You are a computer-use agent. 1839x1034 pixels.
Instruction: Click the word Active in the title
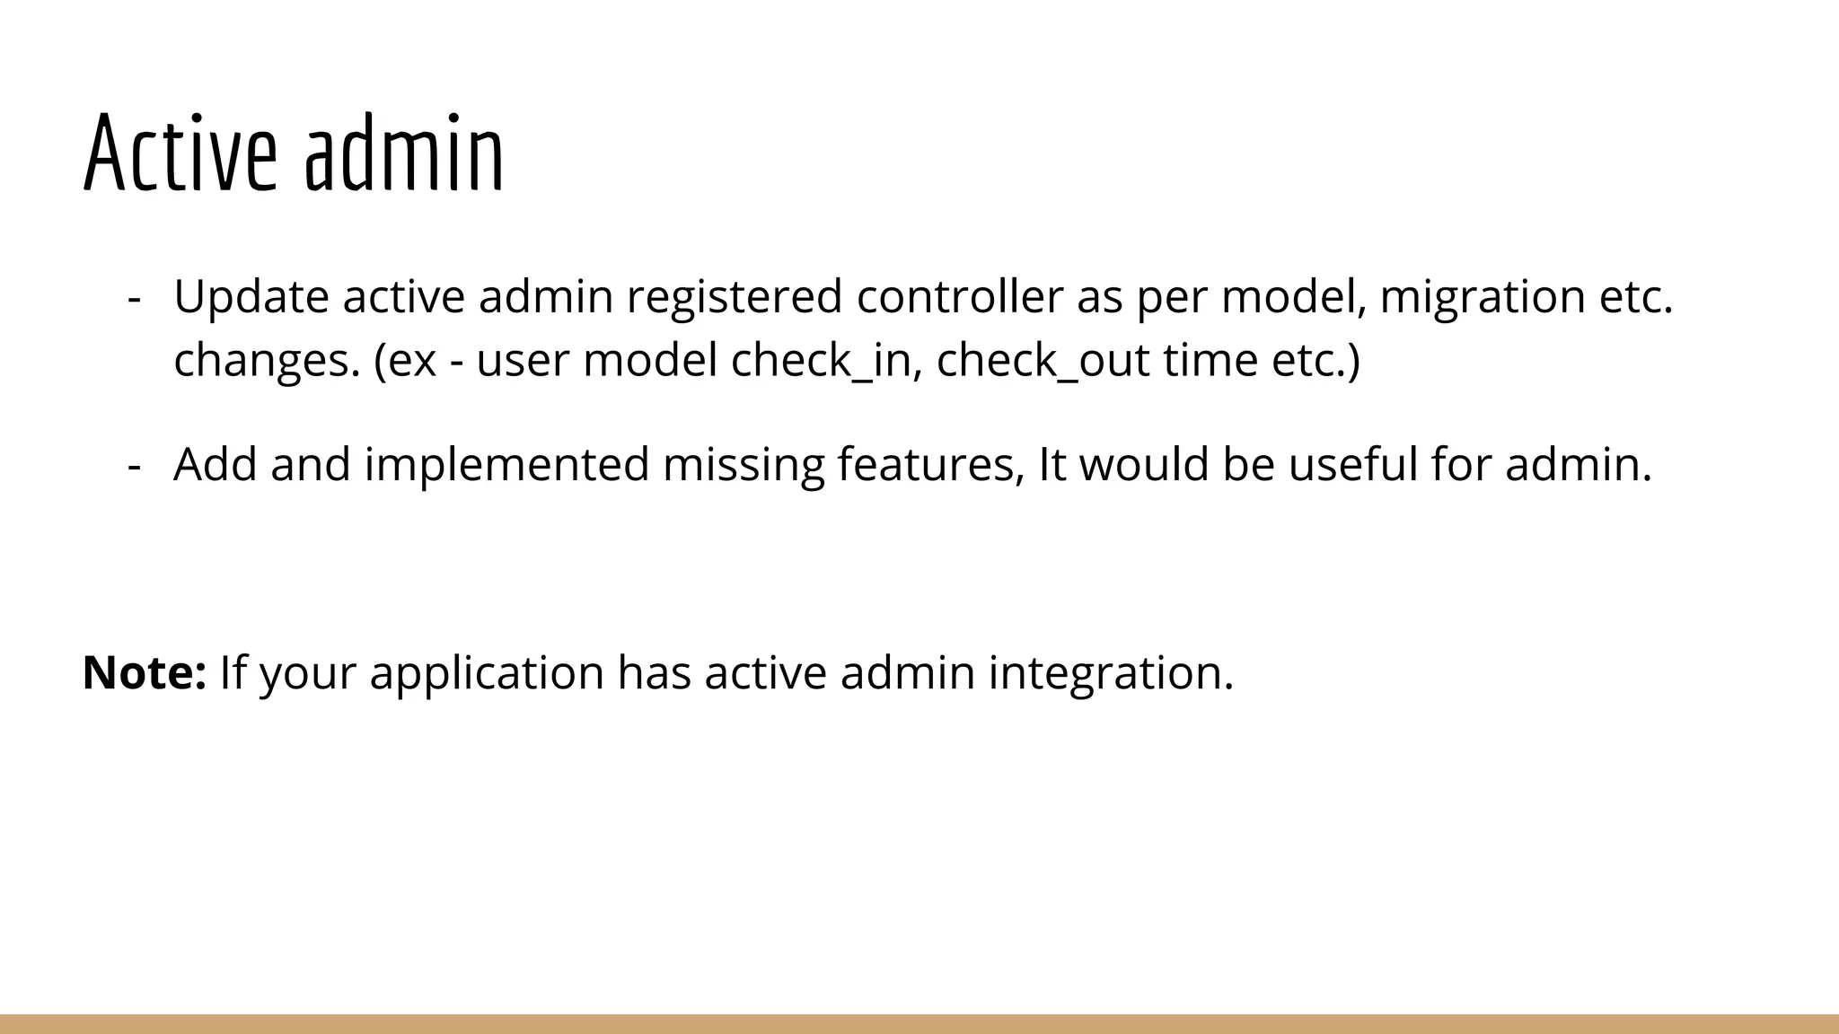point(180,154)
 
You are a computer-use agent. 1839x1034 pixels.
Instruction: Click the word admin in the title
point(404,154)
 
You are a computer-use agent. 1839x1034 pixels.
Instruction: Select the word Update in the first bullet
point(251,297)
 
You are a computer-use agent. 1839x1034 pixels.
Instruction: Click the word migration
point(1483,297)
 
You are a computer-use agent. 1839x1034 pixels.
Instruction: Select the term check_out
point(1043,361)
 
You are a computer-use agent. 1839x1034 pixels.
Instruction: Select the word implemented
point(506,465)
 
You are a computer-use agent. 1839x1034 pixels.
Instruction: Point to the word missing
point(744,465)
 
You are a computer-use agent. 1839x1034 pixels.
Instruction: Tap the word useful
point(1350,465)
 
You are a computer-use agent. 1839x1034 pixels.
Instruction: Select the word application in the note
point(487,674)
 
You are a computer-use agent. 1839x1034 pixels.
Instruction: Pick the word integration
point(1111,674)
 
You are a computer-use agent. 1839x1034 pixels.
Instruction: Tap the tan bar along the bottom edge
point(919,1024)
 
